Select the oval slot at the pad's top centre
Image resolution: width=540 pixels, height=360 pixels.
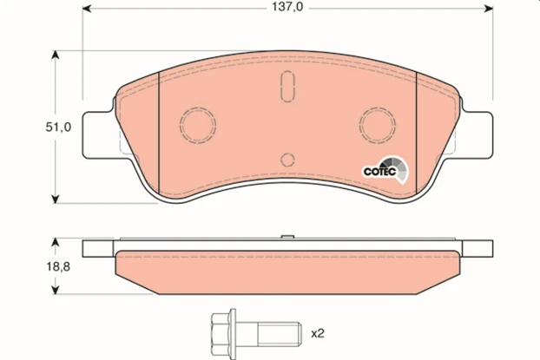tap(287, 88)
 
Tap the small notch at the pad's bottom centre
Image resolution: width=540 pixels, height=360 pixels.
tap(287, 160)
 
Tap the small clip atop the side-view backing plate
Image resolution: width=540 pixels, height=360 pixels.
tap(287, 236)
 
